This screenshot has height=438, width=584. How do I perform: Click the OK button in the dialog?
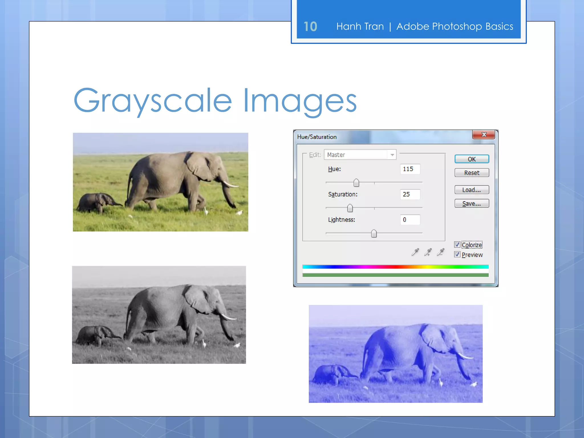point(472,159)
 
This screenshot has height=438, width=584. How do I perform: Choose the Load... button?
point(472,190)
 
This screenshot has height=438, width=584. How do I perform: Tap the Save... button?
point(472,204)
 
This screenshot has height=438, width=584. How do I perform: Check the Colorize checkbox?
point(457,245)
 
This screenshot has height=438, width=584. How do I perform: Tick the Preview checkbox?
point(457,254)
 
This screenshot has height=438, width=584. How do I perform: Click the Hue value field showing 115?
point(410,169)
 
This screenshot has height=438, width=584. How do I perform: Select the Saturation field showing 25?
point(410,194)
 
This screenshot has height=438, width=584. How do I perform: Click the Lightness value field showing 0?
point(410,220)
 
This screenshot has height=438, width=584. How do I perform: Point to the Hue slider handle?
point(356,182)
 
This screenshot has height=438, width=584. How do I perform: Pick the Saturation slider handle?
point(350,208)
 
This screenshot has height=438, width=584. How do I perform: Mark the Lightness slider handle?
point(374,234)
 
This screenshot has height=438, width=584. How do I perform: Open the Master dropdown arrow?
point(392,155)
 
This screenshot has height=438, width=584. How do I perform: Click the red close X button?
point(484,135)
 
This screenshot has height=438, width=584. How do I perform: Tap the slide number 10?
point(310,27)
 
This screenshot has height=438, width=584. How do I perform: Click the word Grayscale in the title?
point(153,100)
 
